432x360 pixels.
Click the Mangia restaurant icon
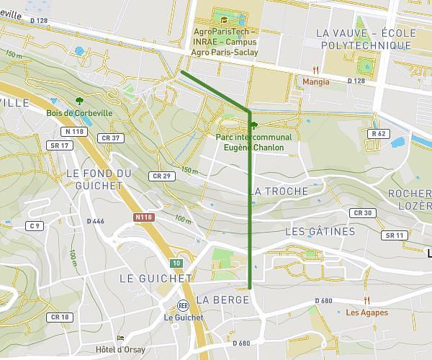pyautogui.click(x=315, y=70)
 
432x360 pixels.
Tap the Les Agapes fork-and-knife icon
pyautogui.click(x=366, y=300)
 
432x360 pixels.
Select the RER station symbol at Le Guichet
pyautogui.click(x=183, y=305)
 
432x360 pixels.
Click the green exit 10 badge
pyautogui.click(x=176, y=263)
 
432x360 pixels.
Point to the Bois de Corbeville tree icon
pyautogui.click(x=79, y=101)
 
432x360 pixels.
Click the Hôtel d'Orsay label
pyautogui.click(x=120, y=349)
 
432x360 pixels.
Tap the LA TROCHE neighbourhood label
pyautogui.click(x=280, y=192)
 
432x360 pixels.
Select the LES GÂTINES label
pyautogui.click(x=320, y=231)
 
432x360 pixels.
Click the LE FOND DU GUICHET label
pyautogui.click(x=99, y=179)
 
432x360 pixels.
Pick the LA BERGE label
pyautogui.click(x=217, y=300)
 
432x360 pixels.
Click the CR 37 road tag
pyautogui.click(x=112, y=138)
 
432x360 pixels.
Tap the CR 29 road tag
pyautogui.click(x=161, y=176)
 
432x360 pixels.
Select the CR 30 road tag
pyautogui.click(x=363, y=213)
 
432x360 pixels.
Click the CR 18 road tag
pyautogui.click(x=60, y=317)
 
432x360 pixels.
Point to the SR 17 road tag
pyautogui.click(x=59, y=145)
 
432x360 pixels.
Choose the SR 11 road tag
pyautogui.click(x=394, y=235)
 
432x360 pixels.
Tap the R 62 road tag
pyautogui.click(x=378, y=134)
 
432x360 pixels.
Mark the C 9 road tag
pyautogui.click(x=35, y=226)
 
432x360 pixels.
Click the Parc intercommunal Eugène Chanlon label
pyautogui.click(x=253, y=142)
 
